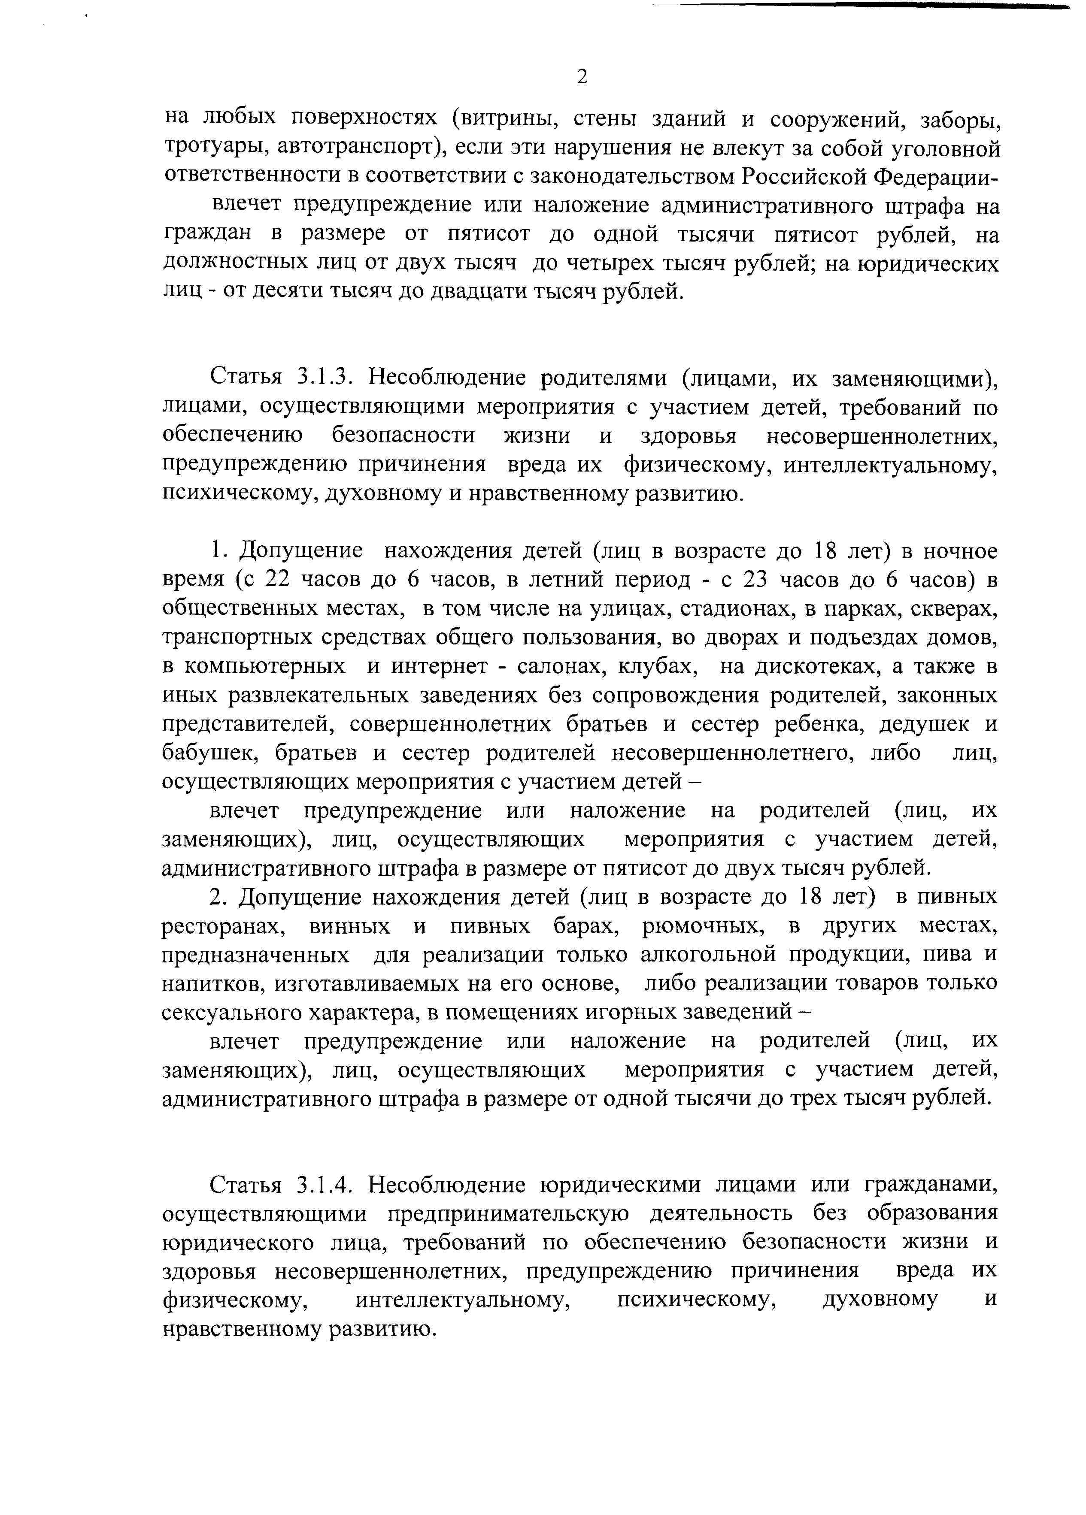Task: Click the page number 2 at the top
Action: pyautogui.click(x=582, y=78)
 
